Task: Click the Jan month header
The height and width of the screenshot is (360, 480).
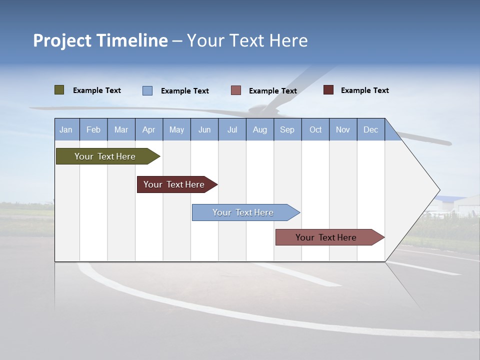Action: pos(66,129)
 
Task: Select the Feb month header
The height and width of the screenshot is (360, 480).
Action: pos(93,129)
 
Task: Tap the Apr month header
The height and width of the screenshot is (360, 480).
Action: pos(148,129)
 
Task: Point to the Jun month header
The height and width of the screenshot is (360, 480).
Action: pos(204,129)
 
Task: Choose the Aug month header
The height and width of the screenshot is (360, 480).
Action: pos(259,129)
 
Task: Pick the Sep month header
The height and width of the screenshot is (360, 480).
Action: pos(287,129)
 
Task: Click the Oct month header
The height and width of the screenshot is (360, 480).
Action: pos(315,129)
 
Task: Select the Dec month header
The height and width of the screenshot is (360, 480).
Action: pos(370,129)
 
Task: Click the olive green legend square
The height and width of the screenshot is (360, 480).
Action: pos(59,90)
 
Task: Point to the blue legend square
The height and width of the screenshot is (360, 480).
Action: pos(147,90)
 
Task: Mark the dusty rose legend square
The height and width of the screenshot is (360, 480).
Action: pos(236,90)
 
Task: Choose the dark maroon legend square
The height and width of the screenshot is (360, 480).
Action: pos(328,90)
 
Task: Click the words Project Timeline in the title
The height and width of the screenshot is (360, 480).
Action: pos(100,40)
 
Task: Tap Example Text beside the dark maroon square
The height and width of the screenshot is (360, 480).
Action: pos(364,90)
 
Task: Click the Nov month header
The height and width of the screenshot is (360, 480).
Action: pos(343,129)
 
